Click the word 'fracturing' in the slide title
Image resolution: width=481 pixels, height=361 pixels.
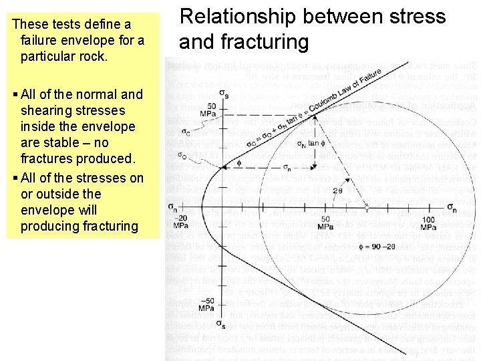pos(265,42)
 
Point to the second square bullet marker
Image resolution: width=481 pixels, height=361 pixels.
pos(15,178)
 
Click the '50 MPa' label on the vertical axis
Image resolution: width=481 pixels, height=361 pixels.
pos(212,111)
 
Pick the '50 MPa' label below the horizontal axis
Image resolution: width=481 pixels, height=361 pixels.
pos(325,223)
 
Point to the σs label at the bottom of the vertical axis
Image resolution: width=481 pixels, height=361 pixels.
pos(220,325)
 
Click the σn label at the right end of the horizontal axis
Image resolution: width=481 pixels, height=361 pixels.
pos(452,207)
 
